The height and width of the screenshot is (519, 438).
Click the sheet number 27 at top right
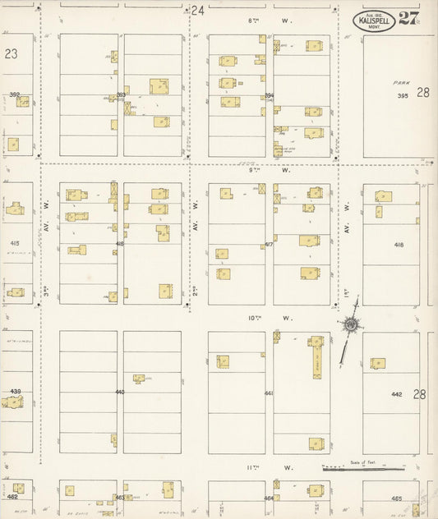[x=408, y=19]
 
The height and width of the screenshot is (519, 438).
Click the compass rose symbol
[x=351, y=325]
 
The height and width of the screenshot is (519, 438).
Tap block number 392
[x=14, y=94]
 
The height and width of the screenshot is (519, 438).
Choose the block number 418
[x=399, y=246]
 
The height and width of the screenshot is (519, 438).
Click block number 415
[x=14, y=244]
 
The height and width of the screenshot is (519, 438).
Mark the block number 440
[x=120, y=393]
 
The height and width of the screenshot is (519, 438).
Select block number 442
[x=396, y=394]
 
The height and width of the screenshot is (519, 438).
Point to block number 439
[x=14, y=392]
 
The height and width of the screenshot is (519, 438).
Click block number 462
[x=12, y=497]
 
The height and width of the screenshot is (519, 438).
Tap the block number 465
[x=396, y=498]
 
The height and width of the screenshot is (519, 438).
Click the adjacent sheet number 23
[x=11, y=53]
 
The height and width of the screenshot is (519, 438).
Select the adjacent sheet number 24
[x=196, y=11]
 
